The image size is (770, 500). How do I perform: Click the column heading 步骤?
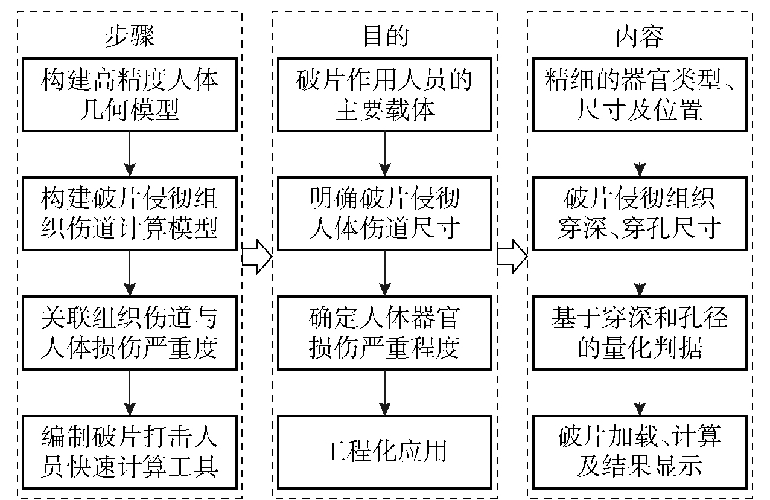(x=130, y=37)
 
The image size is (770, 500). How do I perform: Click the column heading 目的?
(x=385, y=37)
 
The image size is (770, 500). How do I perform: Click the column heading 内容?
(x=640, y=37)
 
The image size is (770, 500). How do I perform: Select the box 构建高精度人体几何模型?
(x=130, y=94)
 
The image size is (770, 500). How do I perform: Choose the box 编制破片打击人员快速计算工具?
(x=130, y=452)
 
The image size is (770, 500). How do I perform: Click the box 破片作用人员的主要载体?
(x=385, y=94)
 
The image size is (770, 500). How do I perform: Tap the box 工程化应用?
(x=385, y=452)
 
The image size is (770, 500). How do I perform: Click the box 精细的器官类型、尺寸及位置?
(x=640, y=94)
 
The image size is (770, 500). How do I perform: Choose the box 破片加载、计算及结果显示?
(x=640, y=452)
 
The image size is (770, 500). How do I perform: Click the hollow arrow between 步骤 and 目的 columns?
(x=257, y=256)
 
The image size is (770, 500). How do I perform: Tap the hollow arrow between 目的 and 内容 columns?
(x=512, y=256)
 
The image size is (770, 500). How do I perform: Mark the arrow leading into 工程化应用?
(x=385, y=393)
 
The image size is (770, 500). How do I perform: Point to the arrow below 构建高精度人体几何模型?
(x=130, y=154)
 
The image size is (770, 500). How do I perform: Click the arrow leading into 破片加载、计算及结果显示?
(x=640, y=393)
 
